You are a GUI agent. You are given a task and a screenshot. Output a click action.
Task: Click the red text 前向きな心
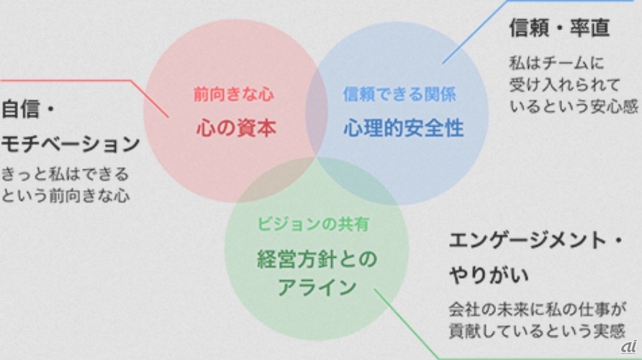(x=233, y=94)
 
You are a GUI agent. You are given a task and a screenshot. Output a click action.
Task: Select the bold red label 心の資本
(x=236, y=129)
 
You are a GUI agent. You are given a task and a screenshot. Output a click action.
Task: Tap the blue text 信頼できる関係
(x=399, y=94)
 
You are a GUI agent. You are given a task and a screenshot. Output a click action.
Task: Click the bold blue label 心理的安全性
(x=403, y=129)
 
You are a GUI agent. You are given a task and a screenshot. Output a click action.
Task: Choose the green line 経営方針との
(x=317, y=259)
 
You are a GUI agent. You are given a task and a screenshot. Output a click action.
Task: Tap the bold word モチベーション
(x=71, y=143)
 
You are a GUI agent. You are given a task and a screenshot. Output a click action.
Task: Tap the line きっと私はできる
(x=65, y=174)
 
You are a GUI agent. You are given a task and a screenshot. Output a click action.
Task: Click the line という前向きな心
(x=65, y=194)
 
